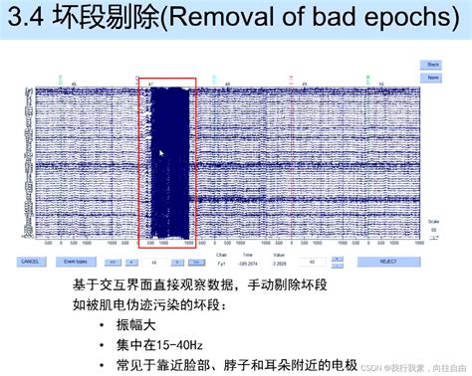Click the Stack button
click(433, 63)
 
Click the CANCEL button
click(31, 262)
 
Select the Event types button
click(76, 262)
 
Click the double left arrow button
click(113, 262)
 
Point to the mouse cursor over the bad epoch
click(160, 153)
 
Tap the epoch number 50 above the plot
click(376, 84)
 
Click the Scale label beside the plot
click(432, 221)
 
